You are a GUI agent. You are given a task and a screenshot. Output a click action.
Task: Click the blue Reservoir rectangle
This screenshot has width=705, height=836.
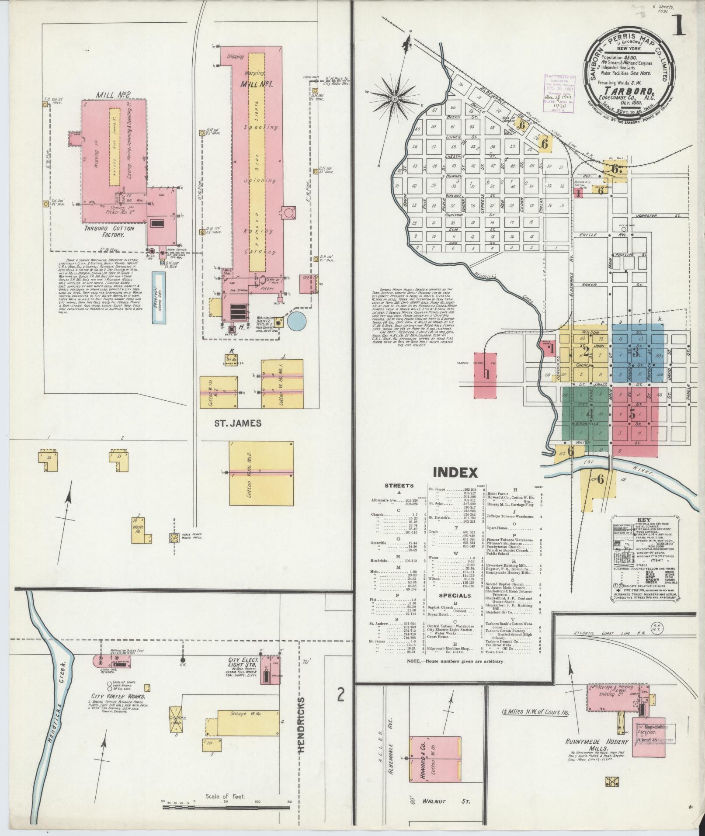coord(159,298)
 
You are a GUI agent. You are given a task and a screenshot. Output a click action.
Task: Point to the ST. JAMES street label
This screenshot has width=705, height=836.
coord(238,423)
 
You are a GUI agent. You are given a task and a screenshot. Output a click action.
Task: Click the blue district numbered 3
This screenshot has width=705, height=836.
coord(636,350)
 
